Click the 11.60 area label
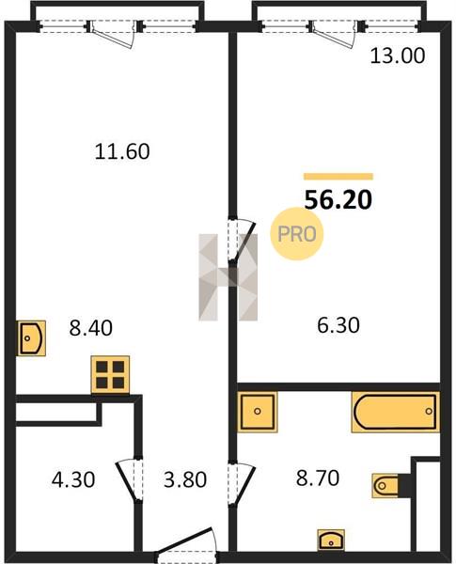[x=122, y=151]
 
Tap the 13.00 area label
[x=398, y=56]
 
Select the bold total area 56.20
[x=338, y=200]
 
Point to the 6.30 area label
[x=338, y=325]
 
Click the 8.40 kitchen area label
[x=90, y=328]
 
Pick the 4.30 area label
[x=73, y=479]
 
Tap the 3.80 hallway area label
[x=185, y=479]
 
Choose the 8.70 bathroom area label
[x=318, y=478]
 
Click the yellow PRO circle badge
[x=297, y=234]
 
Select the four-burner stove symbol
[x=110, y=374]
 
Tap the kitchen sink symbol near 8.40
[x=32, y=338]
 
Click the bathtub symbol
[x=396, y=412]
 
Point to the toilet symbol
[x=385, y=486]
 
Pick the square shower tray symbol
[x=258, y=412]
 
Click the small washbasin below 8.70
[x=331, y=540]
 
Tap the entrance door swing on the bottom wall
[x=185, y=543]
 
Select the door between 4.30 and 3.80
[x=130, y=479]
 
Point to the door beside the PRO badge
[x=242, y=239]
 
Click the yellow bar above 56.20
[x=338, y=177]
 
